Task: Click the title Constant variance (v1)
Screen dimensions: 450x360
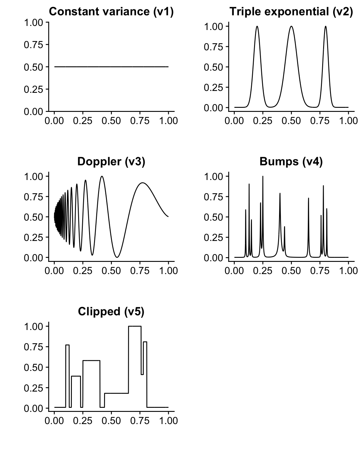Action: pyautogui.click(x=111, y=12)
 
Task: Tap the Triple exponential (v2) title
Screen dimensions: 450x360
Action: pyautogui.click(x=291, y=12)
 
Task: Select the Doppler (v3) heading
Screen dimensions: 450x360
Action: pyautogui.click(x=111, y=162)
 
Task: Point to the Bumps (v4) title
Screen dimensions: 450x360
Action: pyautogui.click(x=291, y=162)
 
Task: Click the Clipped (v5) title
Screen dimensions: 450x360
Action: pyautogui.click(x=111, y=312)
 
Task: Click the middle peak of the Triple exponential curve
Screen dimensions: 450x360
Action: pyautogui.click(x=291, y=27)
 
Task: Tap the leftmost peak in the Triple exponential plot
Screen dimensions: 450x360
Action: pyautogui.click(x=257, y=27)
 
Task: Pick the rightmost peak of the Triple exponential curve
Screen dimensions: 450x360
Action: pyautogui.click(x=325, y=27)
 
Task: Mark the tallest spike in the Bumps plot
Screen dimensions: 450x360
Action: pyautogui.click(x=263, y=177)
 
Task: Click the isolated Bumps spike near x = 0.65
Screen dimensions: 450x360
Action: pyautogui.click(x=308, y=199)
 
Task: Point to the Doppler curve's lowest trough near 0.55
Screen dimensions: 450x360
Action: pyautogui.click(x=117, y=257)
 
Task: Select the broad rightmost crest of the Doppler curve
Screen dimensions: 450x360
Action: pyautogui.click(x=143, y=183)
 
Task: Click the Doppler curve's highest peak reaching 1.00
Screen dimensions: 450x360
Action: pyautogui.click(x=102, y=177)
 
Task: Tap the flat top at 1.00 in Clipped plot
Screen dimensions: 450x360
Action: pyautogui.click(x=135, y=326)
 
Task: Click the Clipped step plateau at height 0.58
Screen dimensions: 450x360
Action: pyautogui.click(x=91, y=361)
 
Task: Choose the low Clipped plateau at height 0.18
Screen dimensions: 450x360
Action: pyautogui.click(x=116, y=393)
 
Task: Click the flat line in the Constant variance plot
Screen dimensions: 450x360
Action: pyautogui.click(x=111, y=67)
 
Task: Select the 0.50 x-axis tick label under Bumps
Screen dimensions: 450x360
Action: pyautogui.click(x=291, y=270)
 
